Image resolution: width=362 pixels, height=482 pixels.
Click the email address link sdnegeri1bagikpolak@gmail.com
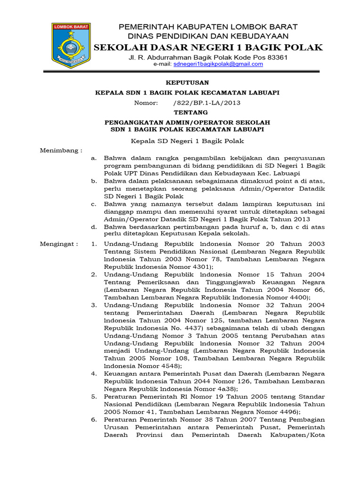pyautogui.click(x=218, y=64)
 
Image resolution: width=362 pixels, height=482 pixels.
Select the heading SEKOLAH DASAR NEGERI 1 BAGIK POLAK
pyautogui.click(x=208, y=47)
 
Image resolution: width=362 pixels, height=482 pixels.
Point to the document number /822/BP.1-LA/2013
pyautogui.click(x=206, y=103)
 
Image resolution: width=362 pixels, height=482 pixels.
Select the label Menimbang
pyautogui.click(x=60, y=150)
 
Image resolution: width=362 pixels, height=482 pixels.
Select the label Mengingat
pyautogui.click(x=58, y=244)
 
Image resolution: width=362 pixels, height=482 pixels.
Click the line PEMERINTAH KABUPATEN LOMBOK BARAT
pyautogui.click(x=208, y=27)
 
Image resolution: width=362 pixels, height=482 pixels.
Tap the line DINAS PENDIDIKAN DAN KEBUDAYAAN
pyautogui.click(x=208, y=36)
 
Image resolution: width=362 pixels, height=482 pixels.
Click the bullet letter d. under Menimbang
pyautogui.click(x=94, y=226)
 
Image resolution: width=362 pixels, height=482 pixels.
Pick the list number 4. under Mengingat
pyautogui.click(x=94, y=373)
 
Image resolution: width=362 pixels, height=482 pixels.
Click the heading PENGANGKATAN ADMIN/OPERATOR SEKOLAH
pyautogui.click(x=187, y=122)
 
